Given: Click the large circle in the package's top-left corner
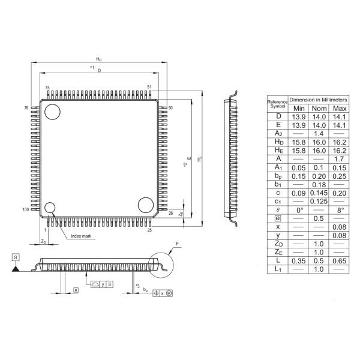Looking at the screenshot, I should tap(53, 111).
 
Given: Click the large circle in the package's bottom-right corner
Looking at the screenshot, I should tap(145, 205).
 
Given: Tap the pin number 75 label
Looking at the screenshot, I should tap(47, 88).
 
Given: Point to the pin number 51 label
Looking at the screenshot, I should tap(149, 88).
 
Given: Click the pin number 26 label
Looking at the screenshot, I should tap(171, 213).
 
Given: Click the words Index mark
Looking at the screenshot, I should tap(81, 236).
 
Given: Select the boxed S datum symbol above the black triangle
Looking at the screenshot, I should tap(15, 257).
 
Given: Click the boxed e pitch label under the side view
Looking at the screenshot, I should tap(76, 290).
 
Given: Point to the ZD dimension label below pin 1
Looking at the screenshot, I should tap(43, 241).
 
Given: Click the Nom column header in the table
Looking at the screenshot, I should tap(319, 108).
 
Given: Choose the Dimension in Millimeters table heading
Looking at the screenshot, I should tap(319, 99).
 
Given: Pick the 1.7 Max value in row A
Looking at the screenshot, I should tap(340, 158).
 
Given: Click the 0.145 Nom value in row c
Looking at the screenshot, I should tap(319, 193).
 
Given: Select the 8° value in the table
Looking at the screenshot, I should tap(340, 210).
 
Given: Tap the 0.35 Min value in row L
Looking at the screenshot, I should tap(298, 261).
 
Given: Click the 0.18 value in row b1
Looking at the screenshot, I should tap(319, 184).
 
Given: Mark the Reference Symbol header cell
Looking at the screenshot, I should tap(278, 103).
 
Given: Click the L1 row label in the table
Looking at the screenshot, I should tap(278, 269).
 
